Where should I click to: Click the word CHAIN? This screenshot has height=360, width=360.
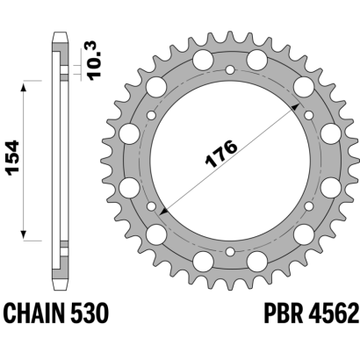(x=33, y=313)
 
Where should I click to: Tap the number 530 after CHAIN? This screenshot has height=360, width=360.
(x=90, y=313)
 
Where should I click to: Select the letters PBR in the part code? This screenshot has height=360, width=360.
(x=284, y=313)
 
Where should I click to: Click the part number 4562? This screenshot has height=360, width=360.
(x=334, y=313)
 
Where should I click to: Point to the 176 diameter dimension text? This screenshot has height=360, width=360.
(x=220, y=154)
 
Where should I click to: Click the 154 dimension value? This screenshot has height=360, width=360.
(x=13, y=158)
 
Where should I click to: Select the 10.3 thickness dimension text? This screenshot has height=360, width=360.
(x=94, y=61)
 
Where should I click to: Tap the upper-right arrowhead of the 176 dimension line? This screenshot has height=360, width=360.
(x=296, y=106)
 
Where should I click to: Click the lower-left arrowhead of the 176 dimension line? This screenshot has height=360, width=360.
(x=163, y=211)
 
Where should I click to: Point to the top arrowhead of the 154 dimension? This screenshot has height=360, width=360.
(x=24, y=86)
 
